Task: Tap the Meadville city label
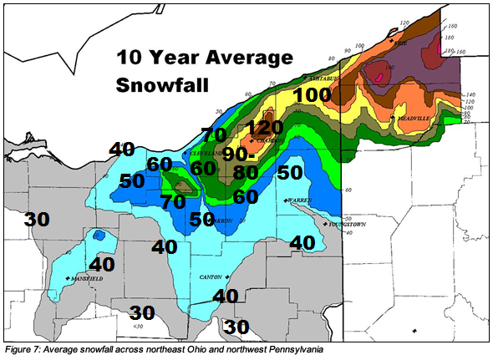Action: coord(418,119)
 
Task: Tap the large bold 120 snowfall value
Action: coord(265,128)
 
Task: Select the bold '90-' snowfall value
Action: coord(243,155)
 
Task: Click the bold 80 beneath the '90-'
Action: coord(245,174)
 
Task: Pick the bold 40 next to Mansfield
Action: coord(101,263)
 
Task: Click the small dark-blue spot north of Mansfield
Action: coord(98,236)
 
